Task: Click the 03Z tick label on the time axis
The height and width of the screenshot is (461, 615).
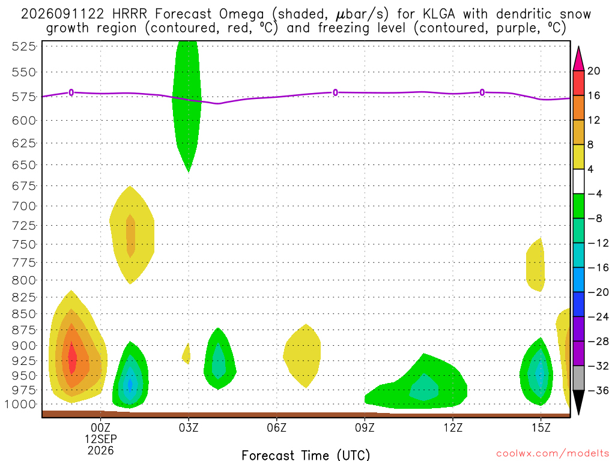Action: pos(189,427)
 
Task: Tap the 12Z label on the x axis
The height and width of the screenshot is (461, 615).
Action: pos(453,427)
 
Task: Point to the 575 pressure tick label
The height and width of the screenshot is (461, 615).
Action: pos(24,97)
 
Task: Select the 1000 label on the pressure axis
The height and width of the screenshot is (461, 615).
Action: pos(20,405)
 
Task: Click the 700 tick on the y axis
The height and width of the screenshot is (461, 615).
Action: pos(24,206)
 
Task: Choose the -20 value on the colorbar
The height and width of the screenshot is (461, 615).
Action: pos(598,292)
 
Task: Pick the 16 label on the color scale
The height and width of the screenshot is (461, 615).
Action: pos(594,95)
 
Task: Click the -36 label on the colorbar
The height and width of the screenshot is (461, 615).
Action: pos(598,390)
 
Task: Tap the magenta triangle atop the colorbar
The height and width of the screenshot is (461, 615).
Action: pos(578,59)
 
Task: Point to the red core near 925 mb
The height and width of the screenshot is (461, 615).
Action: pos(73,358)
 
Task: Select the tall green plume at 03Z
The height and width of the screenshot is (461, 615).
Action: pos(187,106)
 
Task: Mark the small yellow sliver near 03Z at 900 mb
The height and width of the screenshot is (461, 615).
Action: pos(187,354)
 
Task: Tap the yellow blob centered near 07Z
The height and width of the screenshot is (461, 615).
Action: pos(302,356)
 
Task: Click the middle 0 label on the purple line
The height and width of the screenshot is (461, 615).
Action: pos(335,92)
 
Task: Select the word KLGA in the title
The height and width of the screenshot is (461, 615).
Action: pos(439,14)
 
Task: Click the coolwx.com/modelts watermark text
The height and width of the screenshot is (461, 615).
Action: pos(553,454)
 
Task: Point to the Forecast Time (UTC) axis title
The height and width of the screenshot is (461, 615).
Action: pos(306,455)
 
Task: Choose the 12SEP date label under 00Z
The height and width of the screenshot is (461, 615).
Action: pos(101,439)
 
